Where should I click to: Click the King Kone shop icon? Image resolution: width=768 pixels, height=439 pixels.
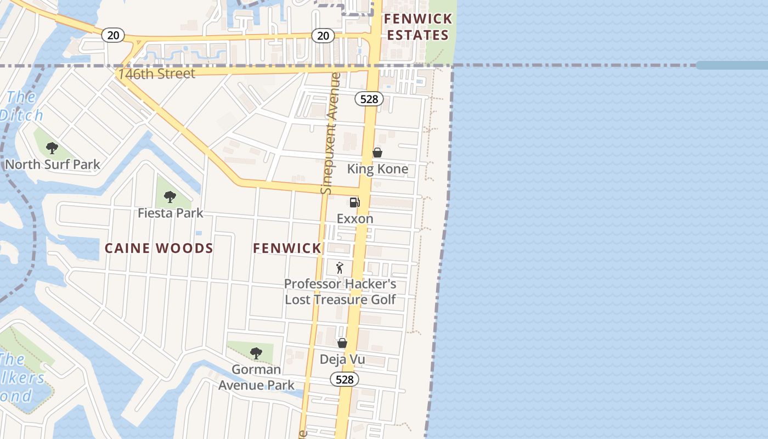click(377, 153)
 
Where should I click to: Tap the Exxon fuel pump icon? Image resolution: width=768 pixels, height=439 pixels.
click(354, 202)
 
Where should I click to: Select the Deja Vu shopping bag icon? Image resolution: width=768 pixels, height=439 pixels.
click(342, 344)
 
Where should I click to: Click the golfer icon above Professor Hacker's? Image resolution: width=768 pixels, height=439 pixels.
click(340, 268)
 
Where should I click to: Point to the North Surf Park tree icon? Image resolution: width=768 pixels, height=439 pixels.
click(52, 148)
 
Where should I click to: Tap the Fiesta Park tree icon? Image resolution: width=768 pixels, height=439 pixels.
click(170, 197)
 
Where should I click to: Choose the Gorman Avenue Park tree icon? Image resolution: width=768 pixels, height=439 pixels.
click(256, 353)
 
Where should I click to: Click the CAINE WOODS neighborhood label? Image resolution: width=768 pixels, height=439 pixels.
click(159, 249)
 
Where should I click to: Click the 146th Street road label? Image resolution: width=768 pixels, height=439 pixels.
click(157, 74)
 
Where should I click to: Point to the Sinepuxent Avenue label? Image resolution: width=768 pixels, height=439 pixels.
click(329, 133)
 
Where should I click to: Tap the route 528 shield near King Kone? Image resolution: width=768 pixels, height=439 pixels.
click(369, 99)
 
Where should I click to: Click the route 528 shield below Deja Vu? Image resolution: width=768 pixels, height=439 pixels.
click(344, 379)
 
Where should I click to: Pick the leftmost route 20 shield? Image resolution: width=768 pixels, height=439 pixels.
click(113, 35)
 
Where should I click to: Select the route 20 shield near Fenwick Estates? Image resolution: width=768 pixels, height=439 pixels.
click(323, 36)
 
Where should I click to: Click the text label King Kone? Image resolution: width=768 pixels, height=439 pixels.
click(377, 169)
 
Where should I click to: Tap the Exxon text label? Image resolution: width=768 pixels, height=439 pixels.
click(355, 219)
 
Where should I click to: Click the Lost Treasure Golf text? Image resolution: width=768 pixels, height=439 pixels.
click(340, 300)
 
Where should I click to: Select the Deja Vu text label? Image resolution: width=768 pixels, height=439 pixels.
click(343, 360)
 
